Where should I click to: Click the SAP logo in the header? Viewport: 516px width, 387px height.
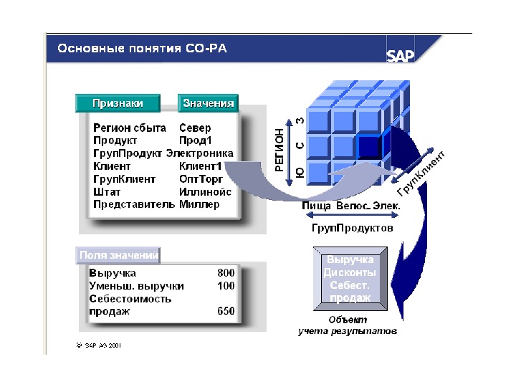click(401, 55)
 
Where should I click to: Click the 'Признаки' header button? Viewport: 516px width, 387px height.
click(118, 103)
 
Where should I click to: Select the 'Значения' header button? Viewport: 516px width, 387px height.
click(208, 103)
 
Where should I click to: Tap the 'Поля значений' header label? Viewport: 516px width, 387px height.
click(118, 254)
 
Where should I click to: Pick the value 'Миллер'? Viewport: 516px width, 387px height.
click(199, 204)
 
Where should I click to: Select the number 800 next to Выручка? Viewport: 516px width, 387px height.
click(226, 273)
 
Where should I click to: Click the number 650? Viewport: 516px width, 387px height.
click(226, 311)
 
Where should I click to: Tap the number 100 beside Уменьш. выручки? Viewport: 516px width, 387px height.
click(226, 286)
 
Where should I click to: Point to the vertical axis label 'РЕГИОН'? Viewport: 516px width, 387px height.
click(279, 150)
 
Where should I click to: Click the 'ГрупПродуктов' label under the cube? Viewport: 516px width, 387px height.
click(351, 228)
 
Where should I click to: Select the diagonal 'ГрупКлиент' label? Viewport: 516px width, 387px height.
click(421, 174)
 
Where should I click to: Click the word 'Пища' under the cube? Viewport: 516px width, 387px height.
click(316, 206)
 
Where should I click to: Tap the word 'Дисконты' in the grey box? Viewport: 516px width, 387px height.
click(350, 272)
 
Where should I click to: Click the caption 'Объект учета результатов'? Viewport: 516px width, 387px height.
click(348, 326)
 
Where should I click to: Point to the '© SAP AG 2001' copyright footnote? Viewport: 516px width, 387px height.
click(99, 345)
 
